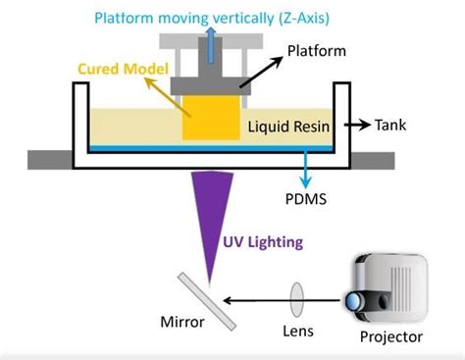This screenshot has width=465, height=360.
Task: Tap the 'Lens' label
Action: pyautogui.click(x=299, y=331)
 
